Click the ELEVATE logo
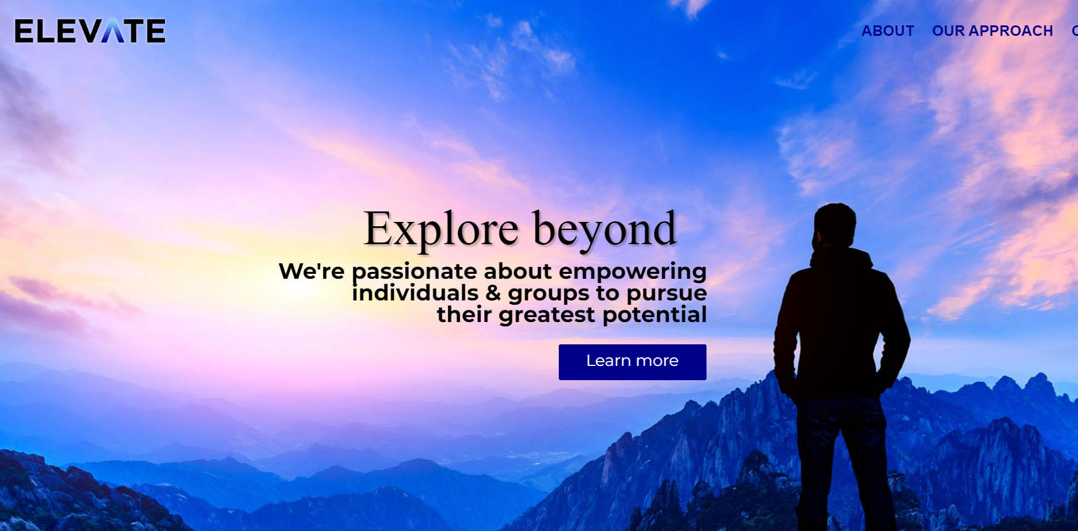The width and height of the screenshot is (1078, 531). pyautogui.click(x=90, y=31)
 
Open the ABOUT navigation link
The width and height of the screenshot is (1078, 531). pyautogui.click(x=888, y=31)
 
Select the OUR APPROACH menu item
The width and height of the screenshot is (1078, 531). pyautogui.click(x=992, y=31)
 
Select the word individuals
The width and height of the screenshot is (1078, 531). pyautogui.click(x=415, y=292)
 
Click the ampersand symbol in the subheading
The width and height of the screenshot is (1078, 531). pyautogui.click(x=493, y=293)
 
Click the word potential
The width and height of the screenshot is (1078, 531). pyautogui.click(x=655, y=315)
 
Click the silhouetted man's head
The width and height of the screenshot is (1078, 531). pyautogui.click(x=834, y=226)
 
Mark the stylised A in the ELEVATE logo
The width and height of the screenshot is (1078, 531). pyautogui.click(x=113, y=31)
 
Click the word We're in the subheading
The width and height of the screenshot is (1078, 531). pyautogui.click(x=312, y=271)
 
